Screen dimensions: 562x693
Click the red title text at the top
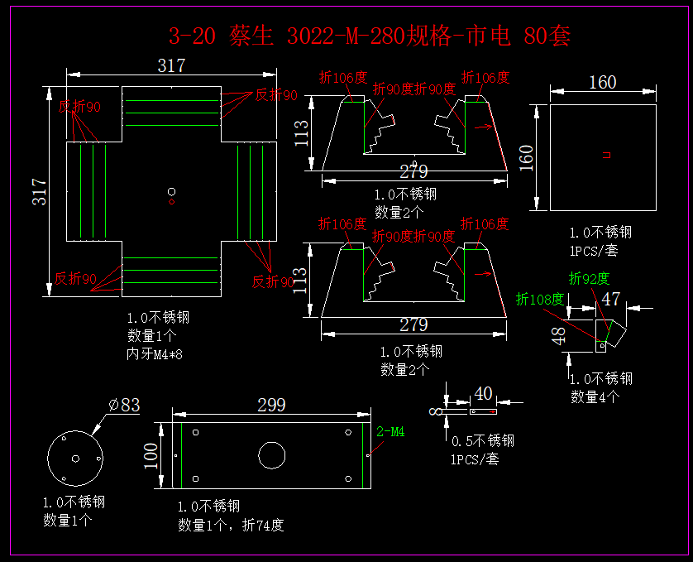[369, 36]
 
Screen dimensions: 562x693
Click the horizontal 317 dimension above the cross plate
[171, 65]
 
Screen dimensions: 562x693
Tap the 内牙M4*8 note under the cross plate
[155, 353]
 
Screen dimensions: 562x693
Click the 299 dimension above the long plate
[271, 405]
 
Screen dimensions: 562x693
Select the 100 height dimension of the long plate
[151, 454]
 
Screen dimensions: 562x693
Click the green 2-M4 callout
[390, 431]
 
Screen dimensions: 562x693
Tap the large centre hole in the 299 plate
[271, 454]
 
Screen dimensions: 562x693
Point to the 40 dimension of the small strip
[484, 392]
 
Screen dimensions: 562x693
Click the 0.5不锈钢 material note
[483, 440]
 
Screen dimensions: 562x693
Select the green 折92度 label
[589, 278]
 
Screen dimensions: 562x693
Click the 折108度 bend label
[540, 300]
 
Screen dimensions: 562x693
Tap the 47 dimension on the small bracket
[611, 299]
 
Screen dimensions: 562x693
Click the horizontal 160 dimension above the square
[602, 82]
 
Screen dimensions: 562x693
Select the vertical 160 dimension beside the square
[527, 156]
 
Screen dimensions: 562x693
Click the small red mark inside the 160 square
[606, 154]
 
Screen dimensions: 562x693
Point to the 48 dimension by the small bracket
[560, 335]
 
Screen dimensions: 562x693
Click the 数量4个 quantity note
[595, 396]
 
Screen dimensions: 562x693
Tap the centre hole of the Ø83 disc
[75, 458]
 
